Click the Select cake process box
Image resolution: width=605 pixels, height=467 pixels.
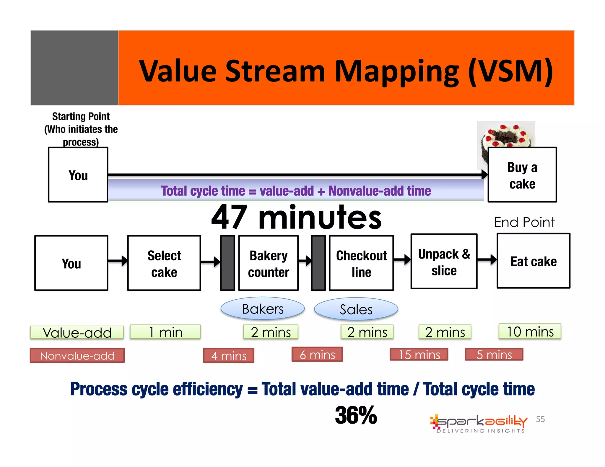point(164,263)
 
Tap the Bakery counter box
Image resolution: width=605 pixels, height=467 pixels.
point(268,263)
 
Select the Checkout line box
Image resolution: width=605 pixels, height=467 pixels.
point(361,263)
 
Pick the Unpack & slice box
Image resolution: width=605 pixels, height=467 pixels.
point(444,262)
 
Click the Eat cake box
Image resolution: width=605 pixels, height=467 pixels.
point(533,261)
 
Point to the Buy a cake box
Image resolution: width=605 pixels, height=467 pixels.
point(522,175)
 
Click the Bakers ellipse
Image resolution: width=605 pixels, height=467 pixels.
point(262,309)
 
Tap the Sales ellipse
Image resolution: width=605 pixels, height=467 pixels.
point(356,309)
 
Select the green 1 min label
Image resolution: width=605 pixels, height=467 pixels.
point(165,332)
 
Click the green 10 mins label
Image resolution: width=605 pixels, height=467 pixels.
point(530,331)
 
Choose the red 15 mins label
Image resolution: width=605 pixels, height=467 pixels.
point(419,355)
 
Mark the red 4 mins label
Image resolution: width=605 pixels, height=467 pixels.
point(228,355)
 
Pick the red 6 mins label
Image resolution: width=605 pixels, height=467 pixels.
point(317,355)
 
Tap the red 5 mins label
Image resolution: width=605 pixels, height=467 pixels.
point(494,355)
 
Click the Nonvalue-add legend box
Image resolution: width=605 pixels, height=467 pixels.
point(77,355)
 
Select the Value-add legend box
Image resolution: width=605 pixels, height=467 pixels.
point(77,332)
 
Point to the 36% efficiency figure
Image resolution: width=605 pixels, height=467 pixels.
point(356,415)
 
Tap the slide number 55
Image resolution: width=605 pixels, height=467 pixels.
point(540,419)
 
